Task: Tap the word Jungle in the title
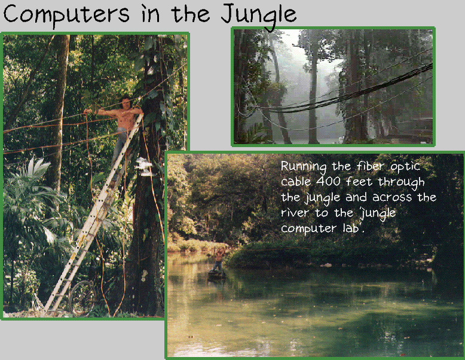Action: [x=259, y=16]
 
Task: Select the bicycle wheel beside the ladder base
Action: [x=82, y=298]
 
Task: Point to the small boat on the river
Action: [x=217, y=274]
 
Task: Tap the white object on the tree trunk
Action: [x=143, y=166]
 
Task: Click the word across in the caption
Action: [x=392, y=197]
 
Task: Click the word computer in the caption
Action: [x=308, y=229]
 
